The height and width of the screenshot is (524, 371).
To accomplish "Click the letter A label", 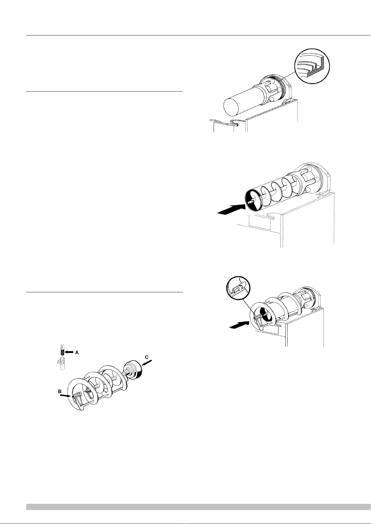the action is click(77, 353).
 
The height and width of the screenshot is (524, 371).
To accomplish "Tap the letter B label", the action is click(60, 391).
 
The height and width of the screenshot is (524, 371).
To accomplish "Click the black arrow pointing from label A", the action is click(69, 352).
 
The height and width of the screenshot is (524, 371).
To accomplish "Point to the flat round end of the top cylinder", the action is click(231, 107).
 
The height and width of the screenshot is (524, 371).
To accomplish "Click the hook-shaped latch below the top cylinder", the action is click(235, 123).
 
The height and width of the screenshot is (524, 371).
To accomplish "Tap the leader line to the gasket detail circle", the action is click(289, 76).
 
